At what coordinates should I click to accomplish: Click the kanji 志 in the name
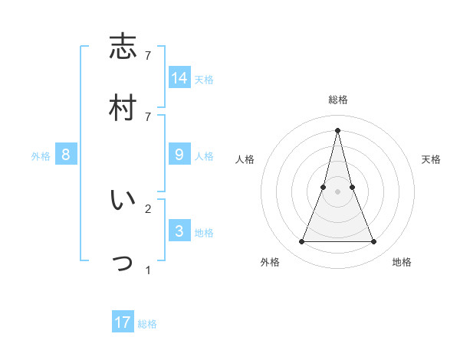(123, 47)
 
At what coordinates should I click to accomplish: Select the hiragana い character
(123, 201)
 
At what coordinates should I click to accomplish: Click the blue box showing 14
(179, 77)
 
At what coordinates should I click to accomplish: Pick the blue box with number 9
(179, 155)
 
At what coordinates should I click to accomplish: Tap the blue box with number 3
(179, 231)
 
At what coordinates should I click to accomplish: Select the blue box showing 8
(66, 155)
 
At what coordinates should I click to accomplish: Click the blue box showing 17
(123, 322)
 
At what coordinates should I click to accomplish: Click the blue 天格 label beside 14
(204, 79)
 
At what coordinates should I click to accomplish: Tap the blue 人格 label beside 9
(204, 156)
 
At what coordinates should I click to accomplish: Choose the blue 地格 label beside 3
(204, 233)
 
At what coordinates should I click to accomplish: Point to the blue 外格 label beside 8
(41, 156)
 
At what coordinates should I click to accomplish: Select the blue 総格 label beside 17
(147, 324)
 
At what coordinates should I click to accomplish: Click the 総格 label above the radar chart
(338, 100)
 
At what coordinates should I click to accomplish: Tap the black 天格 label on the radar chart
(431, 159)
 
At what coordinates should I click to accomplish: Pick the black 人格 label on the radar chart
(245, 159)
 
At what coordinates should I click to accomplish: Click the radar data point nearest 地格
(374, 242)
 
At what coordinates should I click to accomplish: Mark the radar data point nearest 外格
(301, 242)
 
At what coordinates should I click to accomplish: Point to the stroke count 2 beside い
(148, 208)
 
